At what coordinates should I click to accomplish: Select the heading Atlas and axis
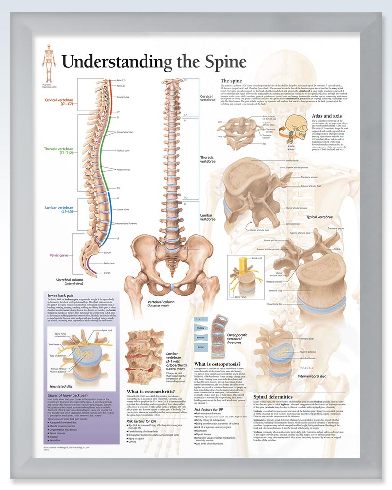tap(328, 116)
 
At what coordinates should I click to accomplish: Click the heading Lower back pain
tap(61, 296)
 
